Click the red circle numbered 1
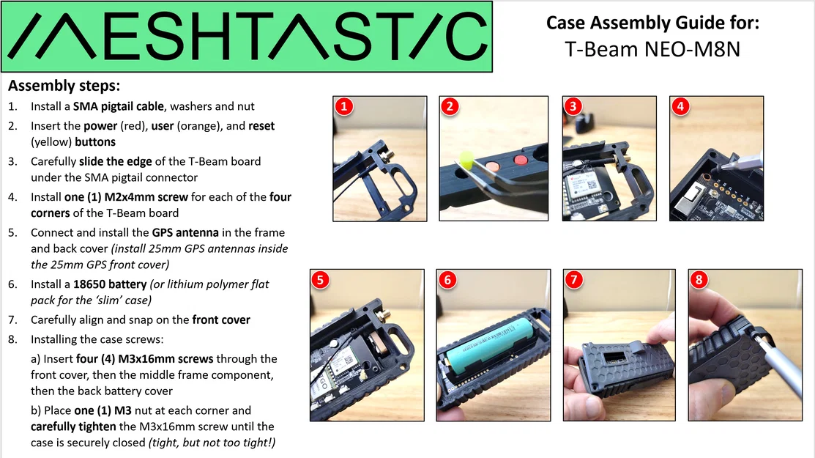pos(344,107)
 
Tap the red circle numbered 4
pos(680,107)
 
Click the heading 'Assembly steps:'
pos(64,86)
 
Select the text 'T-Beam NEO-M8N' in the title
pos(652,49)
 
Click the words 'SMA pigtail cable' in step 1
pos(119,106)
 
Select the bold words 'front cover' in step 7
pos(221,320)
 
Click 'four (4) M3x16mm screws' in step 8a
pos(147,358)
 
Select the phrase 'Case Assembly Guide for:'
pos(652,23)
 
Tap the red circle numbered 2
pos(450,107)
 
